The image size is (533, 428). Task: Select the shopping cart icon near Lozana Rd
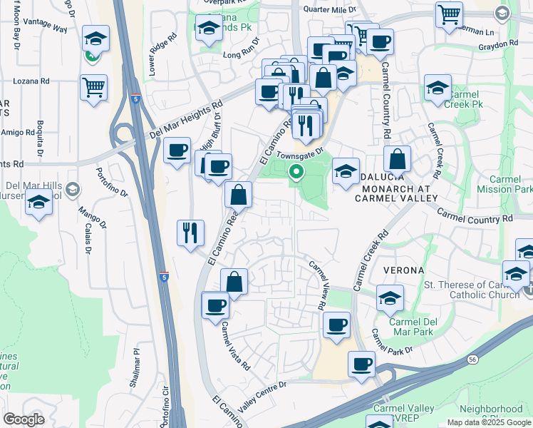[93, 88]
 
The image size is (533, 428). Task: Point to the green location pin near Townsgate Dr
[296, 172]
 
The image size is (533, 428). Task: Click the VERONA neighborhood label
[404, 270]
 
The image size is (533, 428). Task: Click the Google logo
[24, 419]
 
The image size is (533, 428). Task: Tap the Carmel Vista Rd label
[235, 347]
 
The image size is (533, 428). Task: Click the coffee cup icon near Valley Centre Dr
[361, 364]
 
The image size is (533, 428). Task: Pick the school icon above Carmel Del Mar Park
[390, 298]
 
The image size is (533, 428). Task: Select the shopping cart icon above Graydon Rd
[449, 14]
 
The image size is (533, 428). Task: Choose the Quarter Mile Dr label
[329, 9]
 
